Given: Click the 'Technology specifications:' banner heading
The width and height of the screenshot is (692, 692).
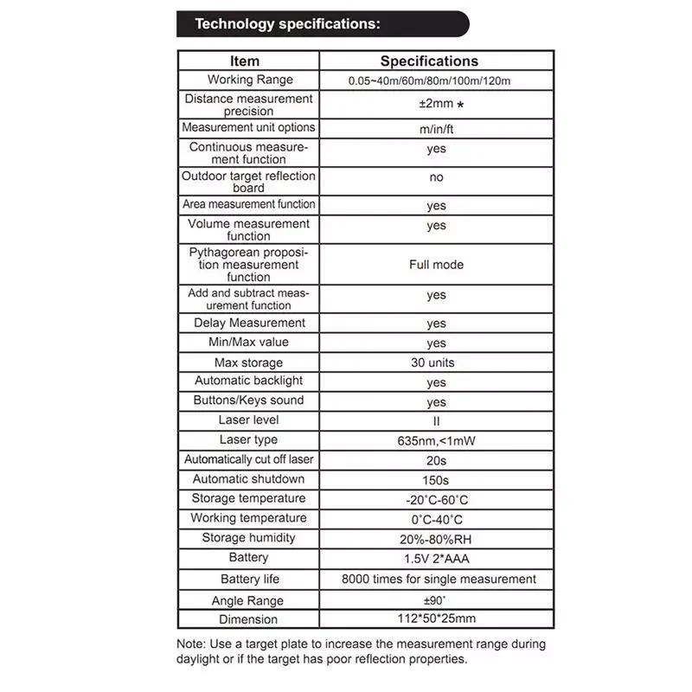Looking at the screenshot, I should pyautogui.click(x=287, y=24).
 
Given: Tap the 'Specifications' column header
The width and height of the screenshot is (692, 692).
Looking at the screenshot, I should pyautogui.click(x=429, y=61).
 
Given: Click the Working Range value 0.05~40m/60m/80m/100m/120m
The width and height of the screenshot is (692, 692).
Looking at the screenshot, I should pyautogui.click(x=430, y=80).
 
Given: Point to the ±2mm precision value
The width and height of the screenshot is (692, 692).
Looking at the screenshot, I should pyautogui.click(x=437, y=105).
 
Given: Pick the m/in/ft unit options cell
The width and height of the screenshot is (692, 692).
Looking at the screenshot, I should pyautogui.click(x=436, y=129).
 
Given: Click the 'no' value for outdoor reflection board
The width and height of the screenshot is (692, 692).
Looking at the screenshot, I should pyautogui.click(x=436, y=177).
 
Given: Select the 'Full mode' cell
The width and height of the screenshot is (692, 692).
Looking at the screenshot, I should pyautogui.click(x=436, y=265).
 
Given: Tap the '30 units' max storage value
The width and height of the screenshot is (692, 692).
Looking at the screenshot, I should pyautogui.click(x=432, y=362).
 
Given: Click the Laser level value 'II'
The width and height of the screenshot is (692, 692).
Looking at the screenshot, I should pyautogui.click(x=436, y=421).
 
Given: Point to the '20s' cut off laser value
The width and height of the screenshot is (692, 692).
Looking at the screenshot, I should pyautogui.click(x=436, y=460).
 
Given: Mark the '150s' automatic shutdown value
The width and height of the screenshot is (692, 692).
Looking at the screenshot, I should pyautogui.click(x=436, y=480).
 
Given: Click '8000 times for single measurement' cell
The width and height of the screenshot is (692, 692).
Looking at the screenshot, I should pyautogui.click(x=439, y=580).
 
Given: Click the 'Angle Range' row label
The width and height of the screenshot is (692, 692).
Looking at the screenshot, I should pyautogui.click(x=247, y=600).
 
